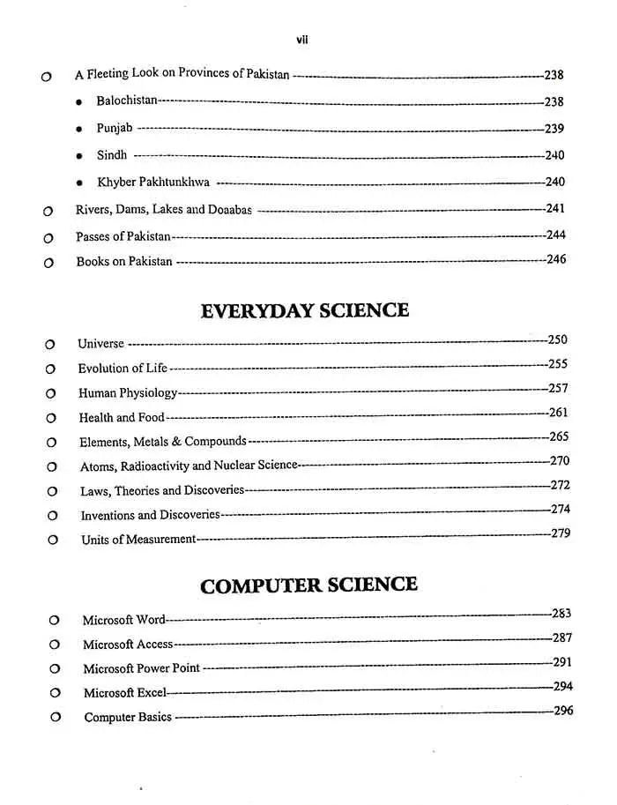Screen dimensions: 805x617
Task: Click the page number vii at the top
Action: click(302, 40)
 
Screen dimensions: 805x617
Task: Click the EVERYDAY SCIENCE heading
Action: click(305, 310)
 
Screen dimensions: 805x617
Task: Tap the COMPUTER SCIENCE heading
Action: click(308, 585)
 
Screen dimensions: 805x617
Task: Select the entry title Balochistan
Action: click(127, 101)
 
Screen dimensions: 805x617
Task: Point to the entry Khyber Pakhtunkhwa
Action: click(153, 183)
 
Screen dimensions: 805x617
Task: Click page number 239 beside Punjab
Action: click(554, 129)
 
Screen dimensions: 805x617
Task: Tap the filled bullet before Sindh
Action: click(79, 155)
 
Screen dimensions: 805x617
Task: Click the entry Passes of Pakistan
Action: click(123, 236)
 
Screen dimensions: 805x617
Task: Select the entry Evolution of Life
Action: click(123, 369)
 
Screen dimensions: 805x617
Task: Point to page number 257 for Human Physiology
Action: click(558, 389)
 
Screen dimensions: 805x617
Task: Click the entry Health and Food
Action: click(122, 418)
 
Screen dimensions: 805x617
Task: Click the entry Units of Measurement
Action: click(138, 540)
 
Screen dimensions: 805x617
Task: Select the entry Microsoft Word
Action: click(124, 621)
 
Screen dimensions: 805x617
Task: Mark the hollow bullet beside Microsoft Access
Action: click(55, 645)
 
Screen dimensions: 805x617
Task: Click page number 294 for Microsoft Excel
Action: click(562, 687)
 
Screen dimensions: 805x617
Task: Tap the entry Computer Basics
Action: click(128, 718)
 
